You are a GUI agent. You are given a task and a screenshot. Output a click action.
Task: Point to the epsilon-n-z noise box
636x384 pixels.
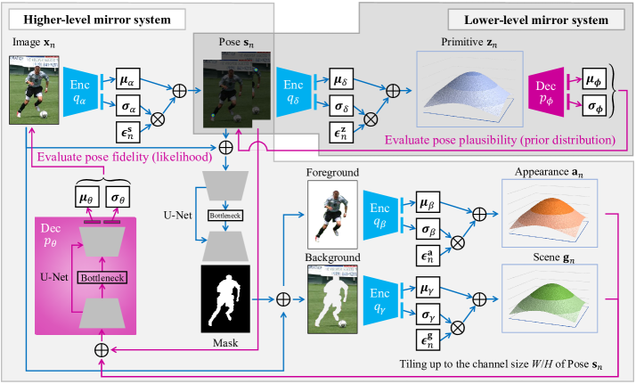pos(340,135)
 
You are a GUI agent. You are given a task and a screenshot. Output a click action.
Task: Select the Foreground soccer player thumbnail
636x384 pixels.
pos(331,215)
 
